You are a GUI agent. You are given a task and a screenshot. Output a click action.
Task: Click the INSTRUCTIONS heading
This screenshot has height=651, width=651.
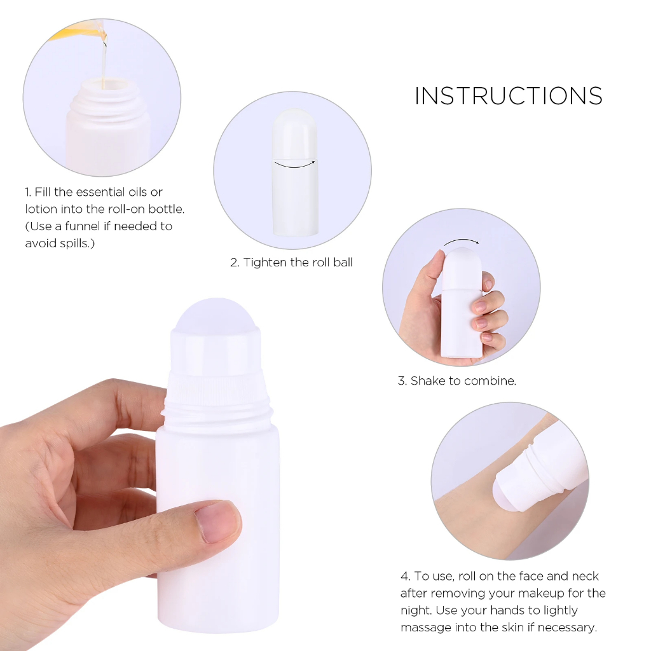point(509,96)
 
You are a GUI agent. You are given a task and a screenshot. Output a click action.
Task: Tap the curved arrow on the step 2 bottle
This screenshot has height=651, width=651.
point(295,165)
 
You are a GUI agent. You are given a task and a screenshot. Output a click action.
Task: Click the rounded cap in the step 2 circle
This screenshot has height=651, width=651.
point(294,134)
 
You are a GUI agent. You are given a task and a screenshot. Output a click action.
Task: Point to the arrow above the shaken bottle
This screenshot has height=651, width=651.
point(462,240)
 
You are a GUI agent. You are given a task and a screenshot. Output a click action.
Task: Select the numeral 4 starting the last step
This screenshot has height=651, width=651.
point(404,576)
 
